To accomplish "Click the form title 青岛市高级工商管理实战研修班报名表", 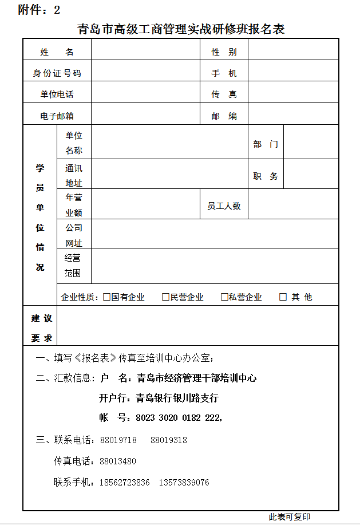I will pyautogui.click(x=181, y=29).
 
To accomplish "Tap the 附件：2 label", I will pyautogui.click(x=39, y=10).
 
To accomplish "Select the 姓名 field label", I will pyautogui.click(x=57, y=52).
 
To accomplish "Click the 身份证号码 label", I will pyautogui.click(x=57, y=73).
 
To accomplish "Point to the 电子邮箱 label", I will pyautogui.click(x=57, y=116).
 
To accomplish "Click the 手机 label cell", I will pyautogui.click(x=224, y=73).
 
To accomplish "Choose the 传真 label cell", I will pyautogui.click(x=224, y=94).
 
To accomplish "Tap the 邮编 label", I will pyautogui.click(x=224, y=116).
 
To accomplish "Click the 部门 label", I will pyautogui.click(x=266, y=144).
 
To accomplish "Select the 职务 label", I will pyautogui.click(x=266, y=176).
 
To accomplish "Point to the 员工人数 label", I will pyautogui.click(x=224, y=206).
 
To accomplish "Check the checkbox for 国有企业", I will pyautogui.click(x=106, y=297).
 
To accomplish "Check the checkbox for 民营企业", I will pyautogui.click(x=165, y=297).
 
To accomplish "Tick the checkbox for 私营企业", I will pyautogui.click(x=224, y=297).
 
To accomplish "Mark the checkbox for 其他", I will pyautogui.click(x=283, y=297).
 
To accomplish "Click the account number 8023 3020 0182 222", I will pyautogui.click(x=178, y=418).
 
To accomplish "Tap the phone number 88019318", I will pyautogui.click(x=169, y=440).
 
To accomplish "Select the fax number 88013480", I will pyautogui.click(x=118, y=461).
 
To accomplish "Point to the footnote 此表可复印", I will pyautogui.click(x=290, y=517).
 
